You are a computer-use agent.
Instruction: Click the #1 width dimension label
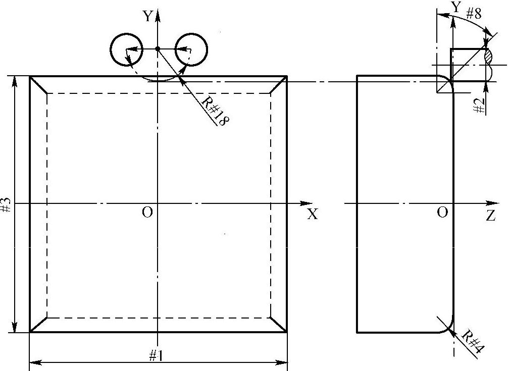tap(156, 355)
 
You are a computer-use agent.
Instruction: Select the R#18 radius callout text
tap(213, 112)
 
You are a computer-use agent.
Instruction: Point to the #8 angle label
tap(473, 13)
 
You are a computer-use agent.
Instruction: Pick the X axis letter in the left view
tap(313, 215)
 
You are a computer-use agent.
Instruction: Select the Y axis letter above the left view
tap(147, 17)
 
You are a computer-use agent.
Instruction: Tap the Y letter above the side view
tap(456, 8)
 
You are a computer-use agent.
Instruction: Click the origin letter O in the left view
tap(147, 213)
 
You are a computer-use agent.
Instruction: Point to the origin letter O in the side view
tap(442, 213)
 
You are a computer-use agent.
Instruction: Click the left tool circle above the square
tap(126, 49)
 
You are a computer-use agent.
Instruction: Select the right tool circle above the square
tap(191, 49)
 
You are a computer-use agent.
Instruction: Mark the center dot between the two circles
tap(158, 49)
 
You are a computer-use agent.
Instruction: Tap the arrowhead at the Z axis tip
tap(500, 203)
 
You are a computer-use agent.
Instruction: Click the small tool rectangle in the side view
tap(469, 64)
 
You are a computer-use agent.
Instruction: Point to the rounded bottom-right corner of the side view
tap(447, 326)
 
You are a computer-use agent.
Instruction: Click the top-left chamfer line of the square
tap(38, 85)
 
